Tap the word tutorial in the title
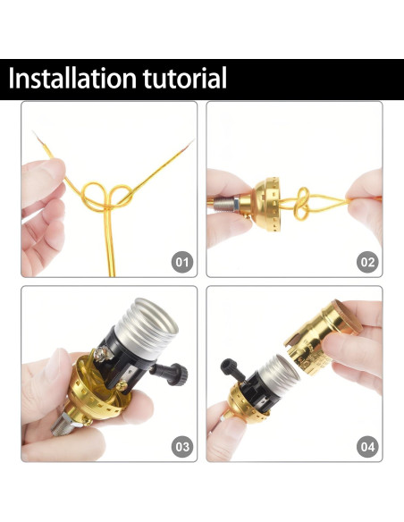tap(183, 79)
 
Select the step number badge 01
tap(182, 262)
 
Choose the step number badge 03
tap(182, 446)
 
